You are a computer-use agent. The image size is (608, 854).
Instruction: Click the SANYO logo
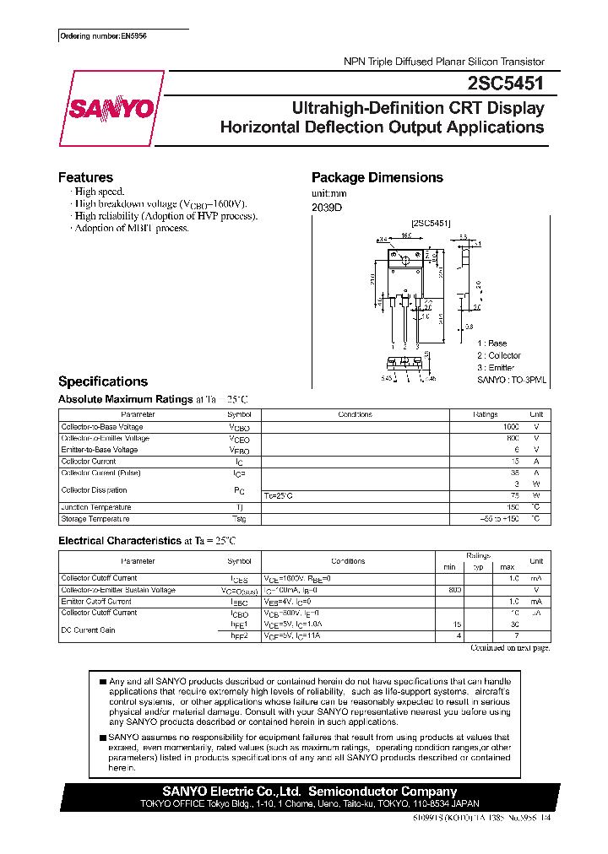coord(111,109)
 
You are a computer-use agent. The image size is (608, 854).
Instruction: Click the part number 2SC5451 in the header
coord(506,82)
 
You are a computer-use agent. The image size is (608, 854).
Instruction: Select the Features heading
coord(85,177)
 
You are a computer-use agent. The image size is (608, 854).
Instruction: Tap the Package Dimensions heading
coord(377,177)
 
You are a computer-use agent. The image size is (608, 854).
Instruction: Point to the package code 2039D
coord(327,207)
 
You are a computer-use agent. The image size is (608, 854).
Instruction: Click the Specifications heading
coord(102,381)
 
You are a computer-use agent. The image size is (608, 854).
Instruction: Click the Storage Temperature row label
coord(95,519)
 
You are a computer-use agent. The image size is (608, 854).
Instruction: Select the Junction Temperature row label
coord(97,507)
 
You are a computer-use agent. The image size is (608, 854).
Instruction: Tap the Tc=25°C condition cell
coord(280,495)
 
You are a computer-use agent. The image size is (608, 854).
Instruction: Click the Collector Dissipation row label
coord(94,489)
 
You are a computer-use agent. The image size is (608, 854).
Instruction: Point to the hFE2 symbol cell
coord(240,635)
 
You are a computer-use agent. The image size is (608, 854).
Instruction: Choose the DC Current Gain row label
coord(89,630)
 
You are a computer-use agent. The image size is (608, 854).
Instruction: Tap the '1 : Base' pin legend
coord(491,343)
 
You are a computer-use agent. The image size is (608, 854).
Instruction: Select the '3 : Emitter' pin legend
coord(497,367)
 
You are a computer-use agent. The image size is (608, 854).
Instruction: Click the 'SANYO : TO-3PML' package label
coord(511,380)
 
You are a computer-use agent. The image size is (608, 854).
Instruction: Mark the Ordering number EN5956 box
coord(103,37)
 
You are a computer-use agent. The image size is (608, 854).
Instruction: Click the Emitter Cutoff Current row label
coord(96,602)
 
